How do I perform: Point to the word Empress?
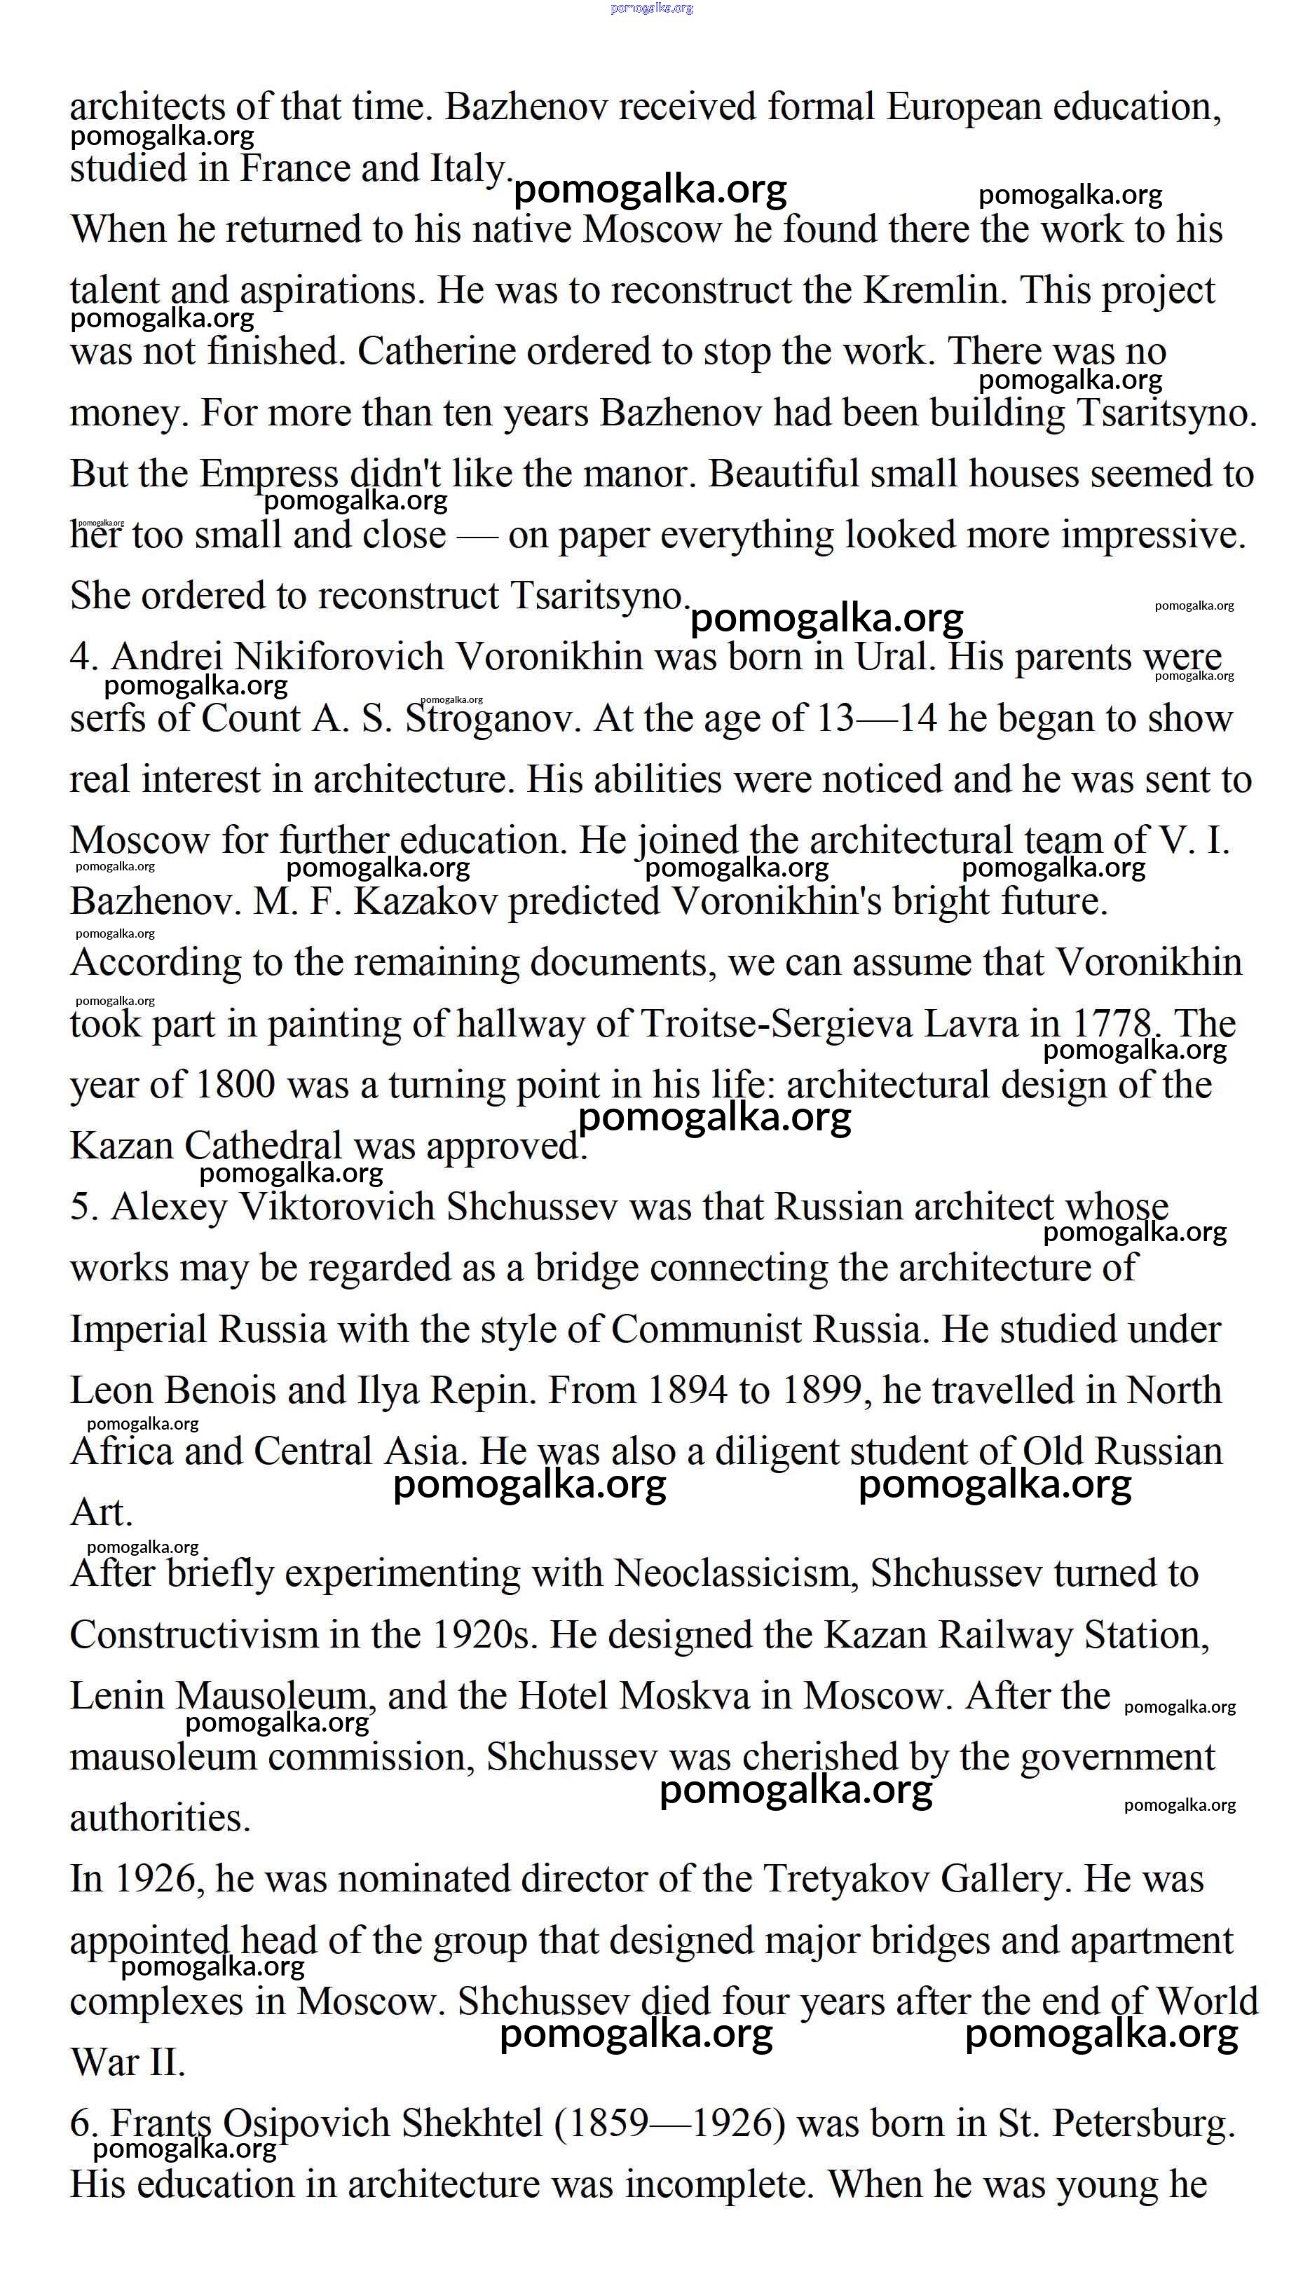pyautogui.click(x=268, y=474)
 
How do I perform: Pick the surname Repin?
pyautogui.click(x=483, y=1390)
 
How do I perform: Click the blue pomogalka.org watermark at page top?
pyautogui.click(x=652, y=8)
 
